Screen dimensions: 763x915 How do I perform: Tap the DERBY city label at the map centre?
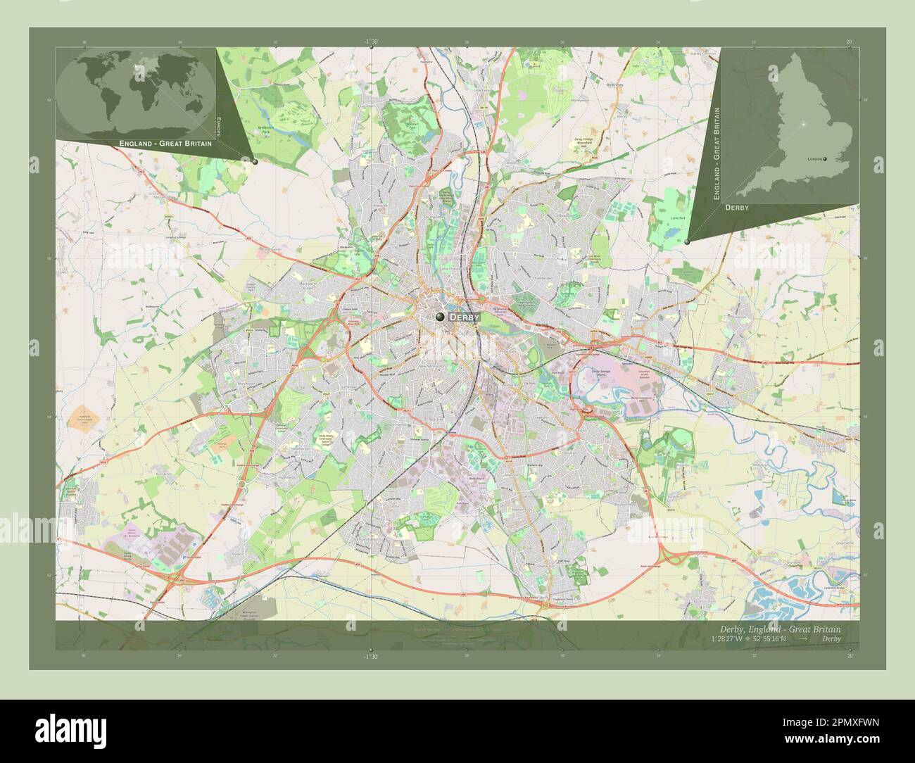[464, 317]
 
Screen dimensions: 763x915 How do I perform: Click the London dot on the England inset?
[825, 159]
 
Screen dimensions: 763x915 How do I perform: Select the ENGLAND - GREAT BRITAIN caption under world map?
[165, 143]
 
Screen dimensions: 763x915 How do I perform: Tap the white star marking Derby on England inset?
[803, 125]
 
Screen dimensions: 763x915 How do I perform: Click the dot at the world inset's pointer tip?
[255, 162]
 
